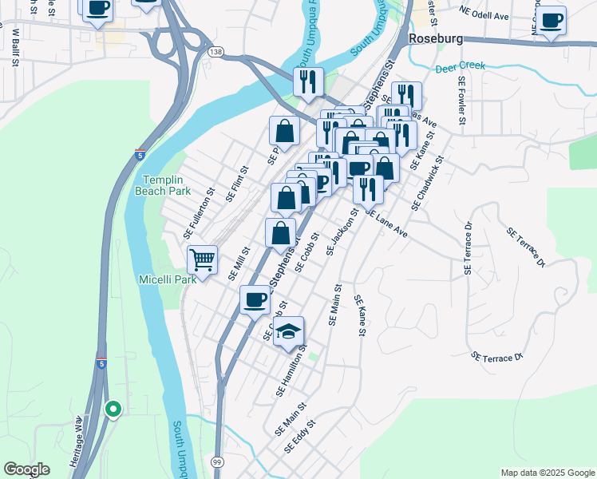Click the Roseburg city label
click(x=436, y=38)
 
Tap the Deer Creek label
click(x=461, y=69)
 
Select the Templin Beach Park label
click(x=167, y=185)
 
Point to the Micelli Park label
click(x=168, y=279)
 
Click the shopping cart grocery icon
click(x=202, y=259)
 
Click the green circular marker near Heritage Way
click(x=113, y=410)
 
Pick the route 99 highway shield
click(x=217, y=461)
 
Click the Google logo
click(x=26, y=469)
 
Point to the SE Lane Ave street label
click(x=386, y=224)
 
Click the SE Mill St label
click(x=239, y=263)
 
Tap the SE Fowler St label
click(x=461, y=101)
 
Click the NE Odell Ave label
click(x=484, y=14)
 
